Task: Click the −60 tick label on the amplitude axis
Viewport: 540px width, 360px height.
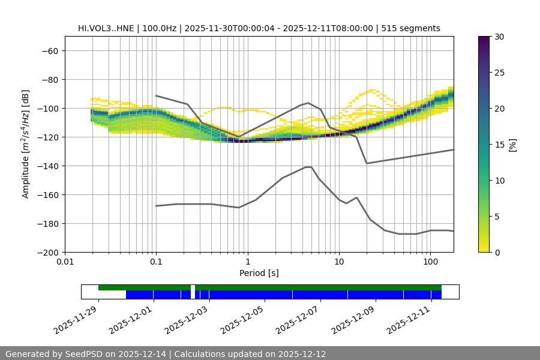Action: (x=50, y=50)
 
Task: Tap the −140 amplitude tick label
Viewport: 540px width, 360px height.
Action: (x=47, y=166)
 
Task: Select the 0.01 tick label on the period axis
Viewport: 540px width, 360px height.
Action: (x=65, y=262)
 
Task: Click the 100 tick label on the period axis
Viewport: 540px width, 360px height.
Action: (x=430, y=262)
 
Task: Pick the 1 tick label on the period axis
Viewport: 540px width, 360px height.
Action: (x=247, y=262)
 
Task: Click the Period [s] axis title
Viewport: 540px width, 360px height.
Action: (x=259, y=273)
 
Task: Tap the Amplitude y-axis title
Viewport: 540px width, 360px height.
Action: (x=26, y=144)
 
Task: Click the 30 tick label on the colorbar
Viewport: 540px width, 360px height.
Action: (x=499, y=37)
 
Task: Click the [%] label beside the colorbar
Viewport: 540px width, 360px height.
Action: (x=512, y=145)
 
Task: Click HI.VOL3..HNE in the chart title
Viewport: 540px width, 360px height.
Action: (x=106, y=28)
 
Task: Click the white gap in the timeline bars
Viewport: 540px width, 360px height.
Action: (x=193, y=292)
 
